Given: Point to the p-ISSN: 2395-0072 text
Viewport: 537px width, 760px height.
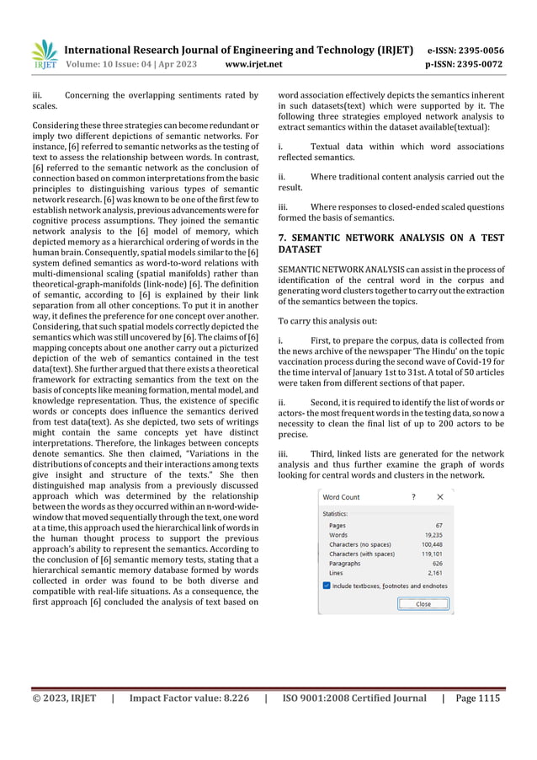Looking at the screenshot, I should click(465, 63).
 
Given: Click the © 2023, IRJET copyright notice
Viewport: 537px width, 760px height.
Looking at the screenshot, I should click(64, 698).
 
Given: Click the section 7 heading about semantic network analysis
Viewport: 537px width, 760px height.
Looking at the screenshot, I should click(391, 244).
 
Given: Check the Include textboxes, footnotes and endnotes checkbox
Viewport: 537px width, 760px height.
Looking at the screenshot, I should click(327, 586).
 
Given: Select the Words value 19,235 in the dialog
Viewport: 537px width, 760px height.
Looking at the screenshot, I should click(433, 534).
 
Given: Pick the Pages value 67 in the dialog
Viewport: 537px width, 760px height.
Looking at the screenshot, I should click(439, 525).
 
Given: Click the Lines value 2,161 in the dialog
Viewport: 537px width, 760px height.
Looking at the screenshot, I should click(435, 573).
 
